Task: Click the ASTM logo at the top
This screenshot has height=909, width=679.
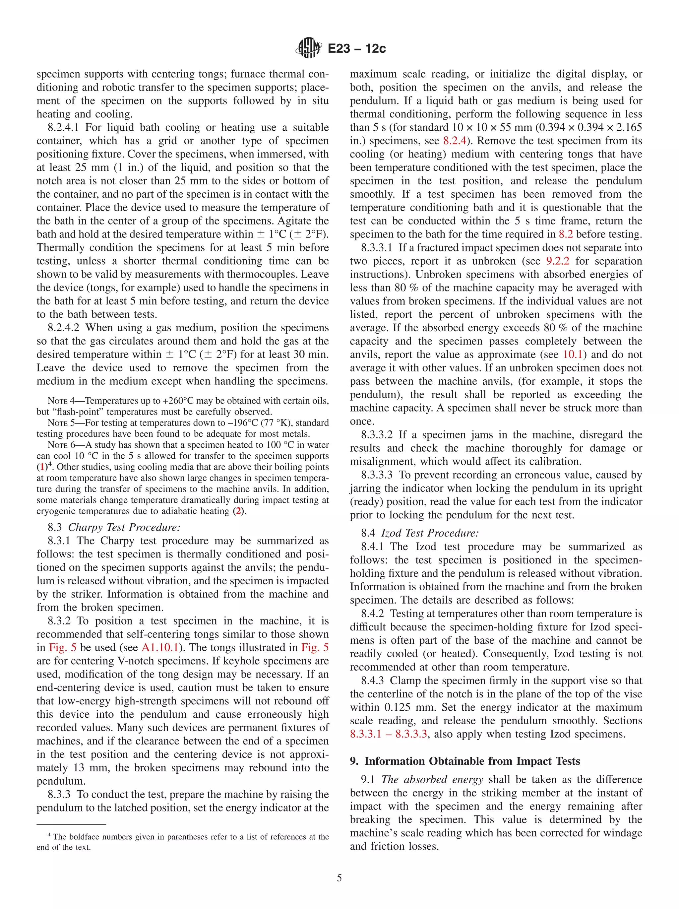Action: point(308,48)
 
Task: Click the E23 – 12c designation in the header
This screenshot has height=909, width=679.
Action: point(356,49)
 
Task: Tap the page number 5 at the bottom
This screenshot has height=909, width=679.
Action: point(339,878)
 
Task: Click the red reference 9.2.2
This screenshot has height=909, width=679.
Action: point(558,261)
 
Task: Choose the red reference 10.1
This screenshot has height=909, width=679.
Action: point(574,355)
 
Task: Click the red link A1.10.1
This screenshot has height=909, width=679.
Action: point(160,648)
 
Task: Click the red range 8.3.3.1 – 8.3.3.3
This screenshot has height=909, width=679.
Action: point(389,734)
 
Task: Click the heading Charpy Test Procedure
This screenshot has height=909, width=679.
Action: point(124,528)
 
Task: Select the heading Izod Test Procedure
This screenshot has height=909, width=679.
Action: point(430,533)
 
